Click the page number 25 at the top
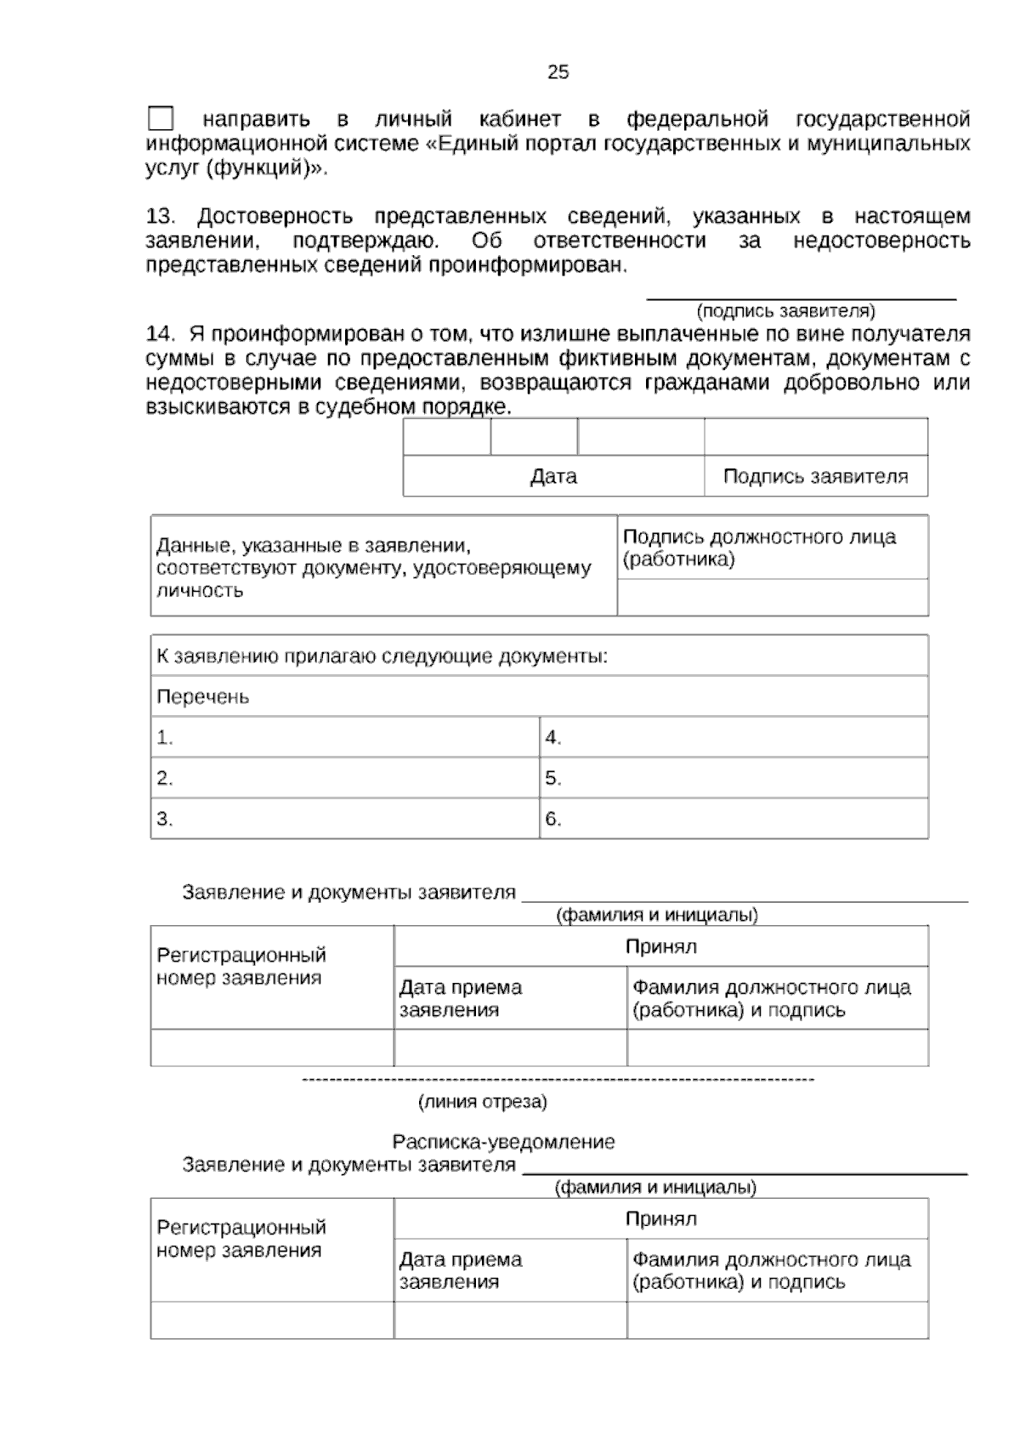tap(558, 72)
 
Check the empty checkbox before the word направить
tap(160, 119)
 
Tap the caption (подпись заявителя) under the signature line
tap(785, 310)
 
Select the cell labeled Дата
tap(553, 476)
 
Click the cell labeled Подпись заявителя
tap(815, 476)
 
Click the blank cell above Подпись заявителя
tap(815, 437)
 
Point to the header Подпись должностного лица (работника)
tap(759, 548)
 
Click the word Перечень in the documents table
tap(203, 697)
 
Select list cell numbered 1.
tap(344, 737)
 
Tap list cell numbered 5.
tap(733, 778)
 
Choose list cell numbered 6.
tap(733, 819)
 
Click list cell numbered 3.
tap(344, 819)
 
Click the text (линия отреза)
tap(482, 1102)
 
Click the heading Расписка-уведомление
tap(503, 1142)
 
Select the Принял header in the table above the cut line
tap(660, 946)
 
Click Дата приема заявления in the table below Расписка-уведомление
tap(461, 1270)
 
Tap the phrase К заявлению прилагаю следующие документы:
tap(382, 656)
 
